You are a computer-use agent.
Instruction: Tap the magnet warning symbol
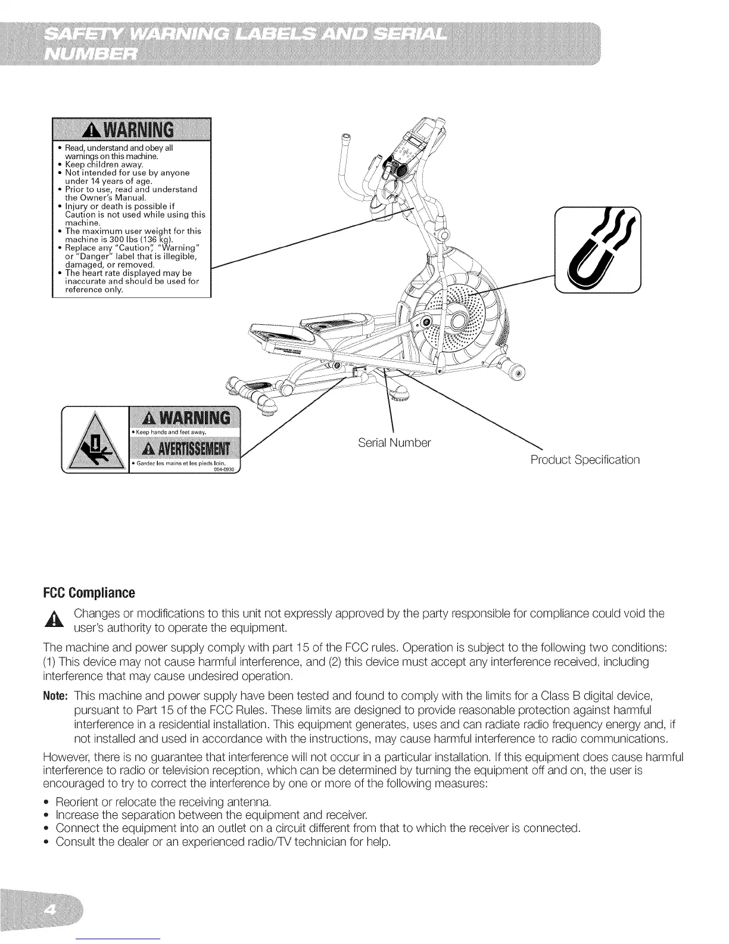(597, 250)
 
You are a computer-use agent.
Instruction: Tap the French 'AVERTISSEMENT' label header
(184, 448)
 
